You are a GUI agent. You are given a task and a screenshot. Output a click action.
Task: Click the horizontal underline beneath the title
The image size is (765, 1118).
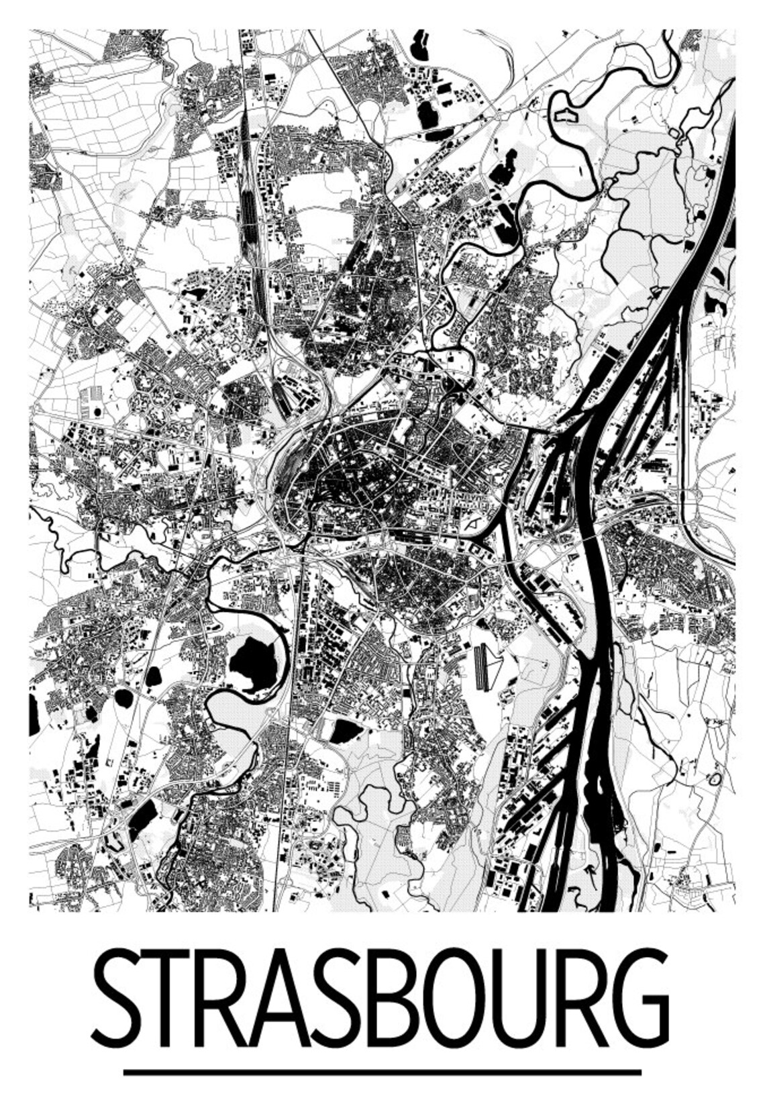point(382,1072)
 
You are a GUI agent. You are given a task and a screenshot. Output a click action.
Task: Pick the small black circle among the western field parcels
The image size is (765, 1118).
point(98,411)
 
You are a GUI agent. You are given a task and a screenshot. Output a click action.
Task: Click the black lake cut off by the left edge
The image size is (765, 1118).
point(33,715)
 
